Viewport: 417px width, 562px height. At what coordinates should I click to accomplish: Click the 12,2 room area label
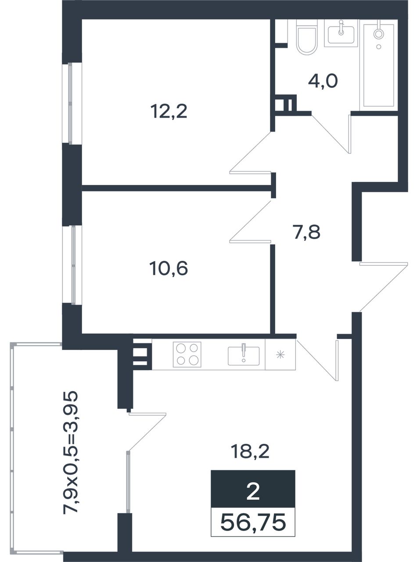click(169, 112)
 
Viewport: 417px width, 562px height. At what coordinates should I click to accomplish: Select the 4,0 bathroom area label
click(323, 82)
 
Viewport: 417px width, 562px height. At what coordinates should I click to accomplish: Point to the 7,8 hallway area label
click(307, 232)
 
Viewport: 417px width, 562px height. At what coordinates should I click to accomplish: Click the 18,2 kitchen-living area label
click(250, 451)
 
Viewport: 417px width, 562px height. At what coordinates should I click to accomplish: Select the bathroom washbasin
click(341, 34)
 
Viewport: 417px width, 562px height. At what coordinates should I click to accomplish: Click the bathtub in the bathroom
click(378, 65)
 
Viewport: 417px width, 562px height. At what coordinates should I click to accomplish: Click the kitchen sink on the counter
click(244, 356)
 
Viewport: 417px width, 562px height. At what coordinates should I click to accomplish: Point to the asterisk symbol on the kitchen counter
click(280, 354)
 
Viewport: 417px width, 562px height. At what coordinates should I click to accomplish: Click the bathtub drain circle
click(379, 47)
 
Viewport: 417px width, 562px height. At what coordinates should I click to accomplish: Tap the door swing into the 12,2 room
click(251, 152)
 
